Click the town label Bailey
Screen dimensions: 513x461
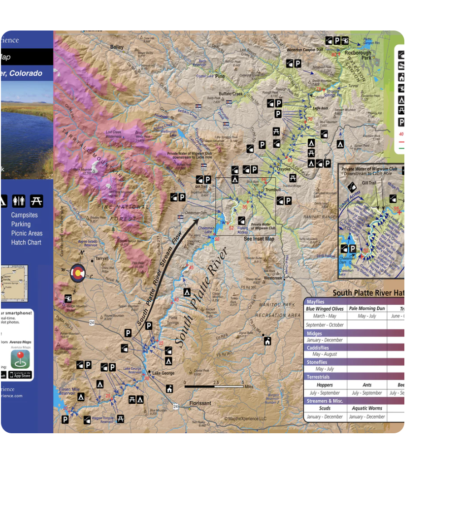tap(117, 47)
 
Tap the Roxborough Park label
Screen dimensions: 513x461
tap(358, 55)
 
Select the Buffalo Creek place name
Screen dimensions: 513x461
tap(231, 94)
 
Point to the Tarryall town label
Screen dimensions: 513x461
tap(101, 258)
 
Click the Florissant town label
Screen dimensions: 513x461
tap(200, 403)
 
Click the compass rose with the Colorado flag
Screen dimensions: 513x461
tap(77, 272)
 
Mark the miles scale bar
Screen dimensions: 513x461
tap(214, 386)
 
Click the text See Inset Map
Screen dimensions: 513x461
tap(259, 239)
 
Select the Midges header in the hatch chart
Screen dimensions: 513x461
tap(314, 333)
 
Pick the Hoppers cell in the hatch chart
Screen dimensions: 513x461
tap(325, 385)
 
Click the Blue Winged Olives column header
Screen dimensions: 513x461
tap(325, 309)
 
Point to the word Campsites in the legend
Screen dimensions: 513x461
tap(24, 215)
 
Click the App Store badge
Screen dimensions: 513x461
tap(20, 375)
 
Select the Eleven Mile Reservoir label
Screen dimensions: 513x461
tap(68, 391)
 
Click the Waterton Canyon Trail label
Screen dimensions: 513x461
tap(305, 50)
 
